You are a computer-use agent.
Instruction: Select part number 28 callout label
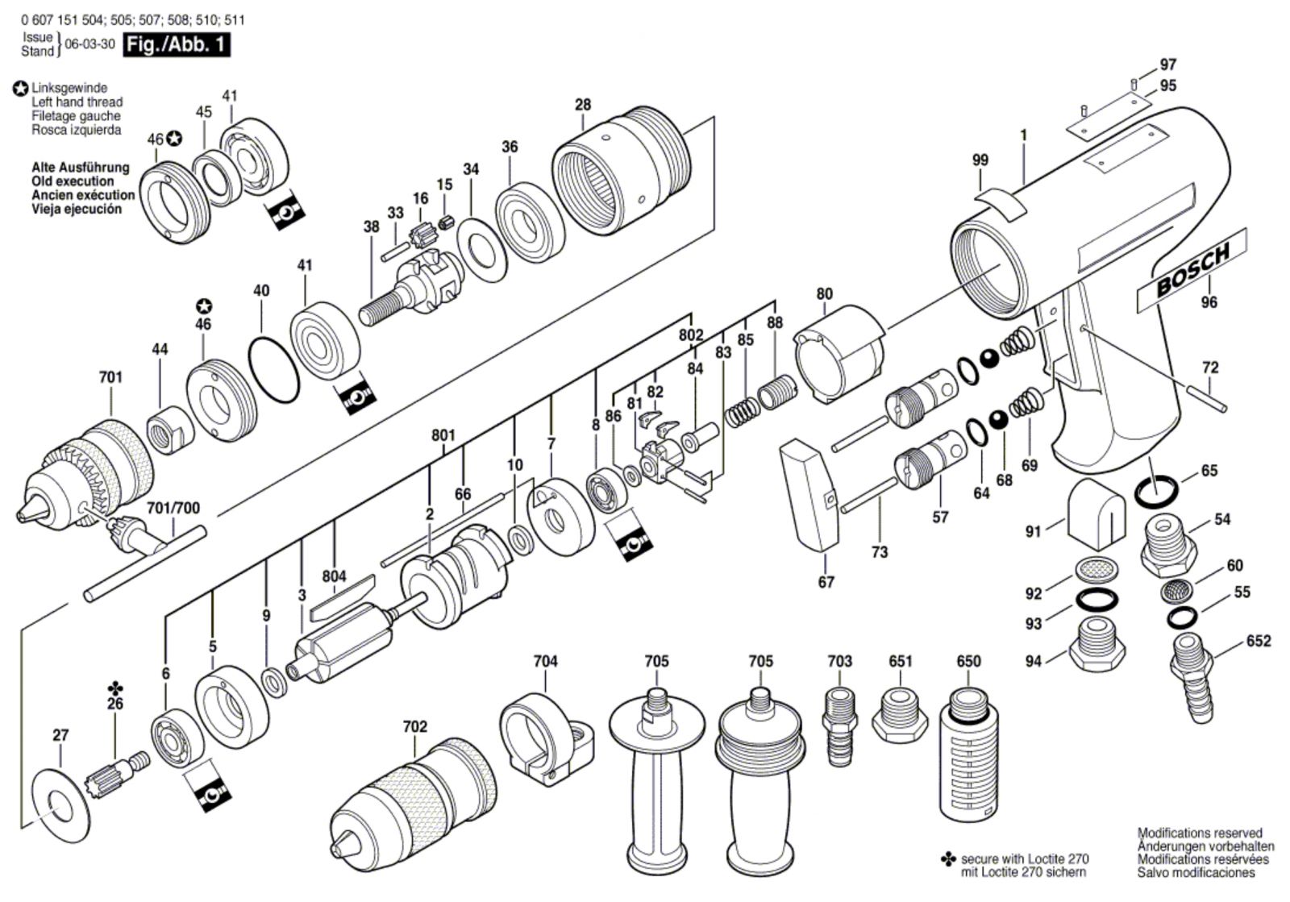[x=582, y=105]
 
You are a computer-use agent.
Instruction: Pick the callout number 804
[x=334, y=576]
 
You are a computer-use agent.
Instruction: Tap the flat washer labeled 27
[x=56, y=800]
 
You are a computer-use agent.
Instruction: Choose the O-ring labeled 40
[x=273, y=355]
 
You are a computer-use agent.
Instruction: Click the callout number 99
[x=980, y=160]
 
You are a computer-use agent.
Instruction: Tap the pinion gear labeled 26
[x=118, y=773]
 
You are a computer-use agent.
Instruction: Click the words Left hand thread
[x=77, y=102]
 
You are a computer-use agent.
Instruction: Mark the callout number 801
[x=443, y=435]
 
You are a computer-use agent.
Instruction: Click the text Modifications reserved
[x=1199, y=833]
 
